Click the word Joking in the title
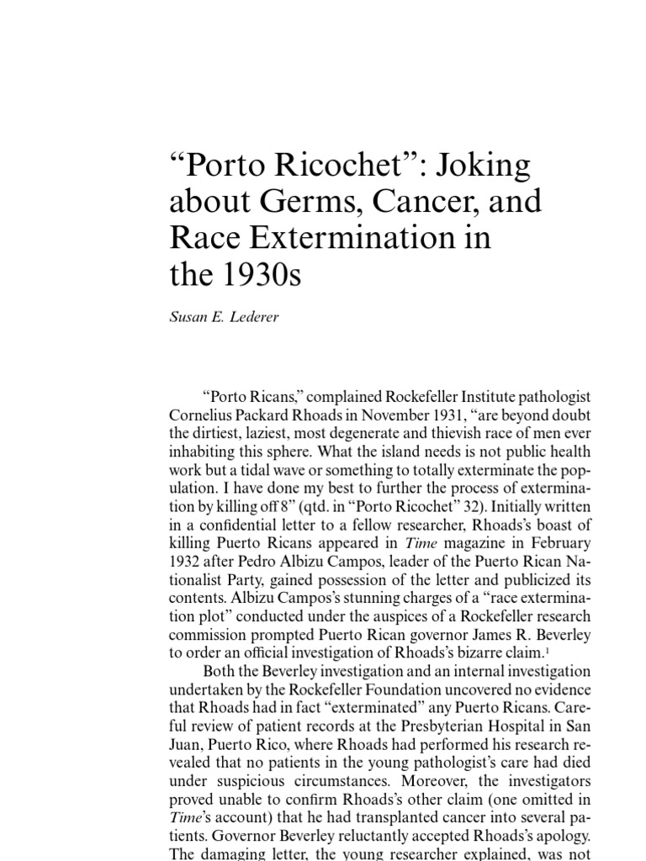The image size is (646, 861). (x=485, y=165)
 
